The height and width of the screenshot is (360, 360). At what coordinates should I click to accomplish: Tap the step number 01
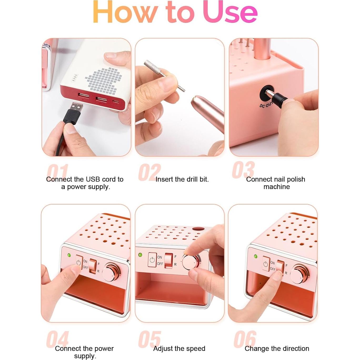[x=58, y=172]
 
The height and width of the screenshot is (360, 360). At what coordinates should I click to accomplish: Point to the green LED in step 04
[x=69, y=255]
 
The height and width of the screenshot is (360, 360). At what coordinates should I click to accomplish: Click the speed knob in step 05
[x=190, y=262]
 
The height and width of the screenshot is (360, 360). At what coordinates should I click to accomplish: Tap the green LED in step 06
[x=256, y=256]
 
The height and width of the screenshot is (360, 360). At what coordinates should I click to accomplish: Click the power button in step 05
[x=152, y=260]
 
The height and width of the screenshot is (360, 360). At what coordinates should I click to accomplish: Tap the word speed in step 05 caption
[x=195, y=349]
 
